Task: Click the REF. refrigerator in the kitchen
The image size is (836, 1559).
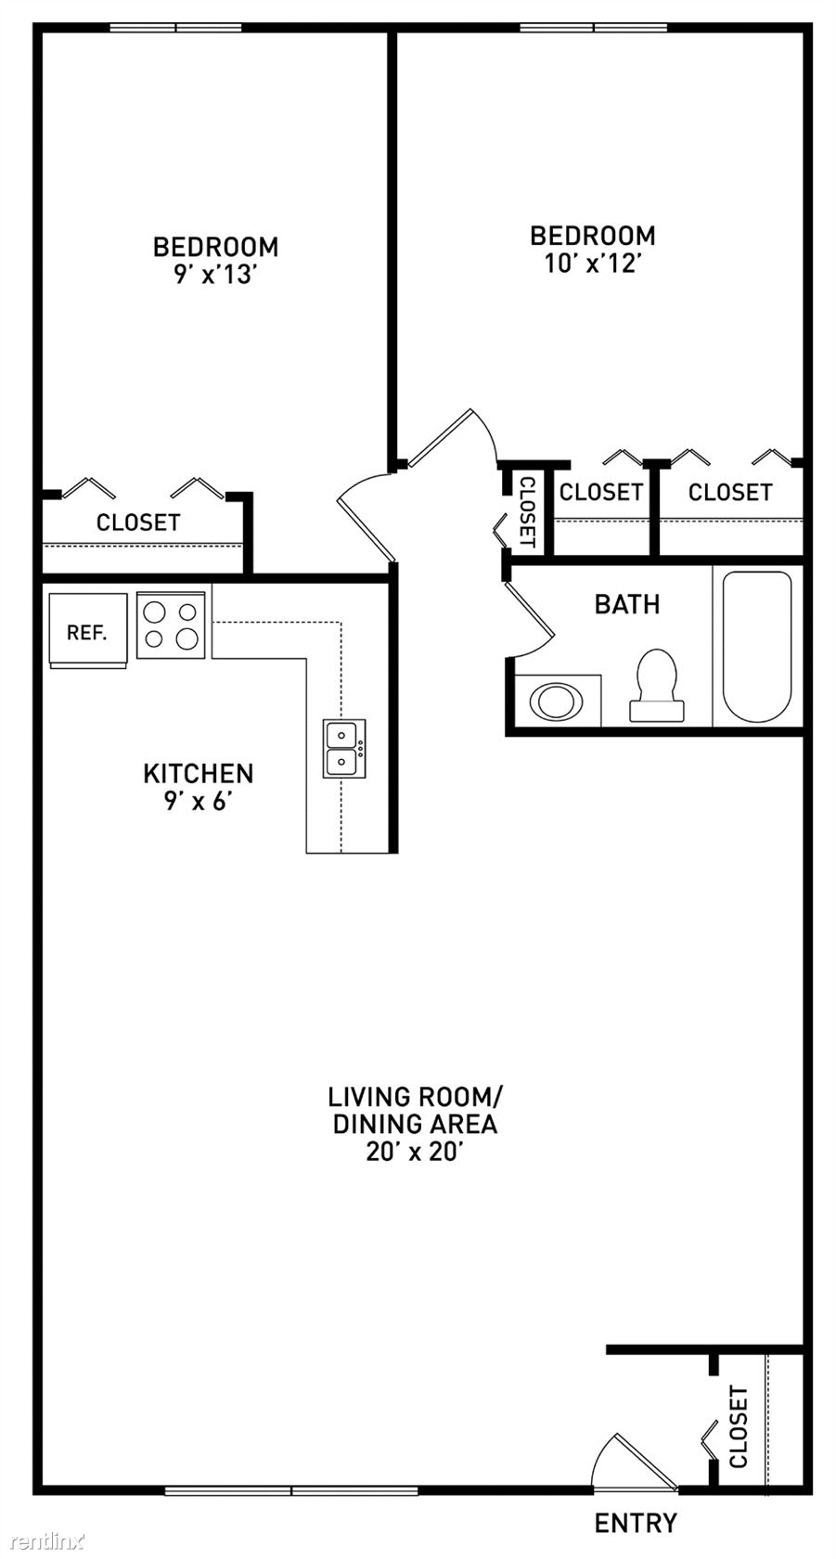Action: pyautogui.click(x=88, y=631)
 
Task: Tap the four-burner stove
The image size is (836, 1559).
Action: pyautogui.click(x=172, y=625)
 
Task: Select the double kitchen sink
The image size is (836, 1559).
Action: pyautogui.click(x=344, y=749)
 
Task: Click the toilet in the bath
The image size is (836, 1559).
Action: pyautogui.click(x=657, y=685)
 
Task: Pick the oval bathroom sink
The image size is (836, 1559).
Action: pyautogui.click(x=556, y=701)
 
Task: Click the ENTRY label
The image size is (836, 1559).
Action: pyautogui.click(x=636, y=1523)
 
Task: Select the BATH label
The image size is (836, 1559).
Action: pyautogui.click(x=627, y=604)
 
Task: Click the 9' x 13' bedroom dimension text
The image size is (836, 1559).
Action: pyautogui.click(x=216, y=275)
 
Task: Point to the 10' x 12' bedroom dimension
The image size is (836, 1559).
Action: pyautogui.click(x=592, y=264)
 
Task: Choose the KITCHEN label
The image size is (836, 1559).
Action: pyautogui.click(x=199, y=773)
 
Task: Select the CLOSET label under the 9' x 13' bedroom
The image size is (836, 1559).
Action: pyautogui.click(x=138, y=522)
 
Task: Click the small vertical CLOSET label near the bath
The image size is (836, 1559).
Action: pyautogui.click(x=528, y=510)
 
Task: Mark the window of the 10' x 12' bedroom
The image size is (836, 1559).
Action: pyautogui.click(x=594, y=28)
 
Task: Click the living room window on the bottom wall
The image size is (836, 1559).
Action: pyautogui.click(x=291, y=1489)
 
